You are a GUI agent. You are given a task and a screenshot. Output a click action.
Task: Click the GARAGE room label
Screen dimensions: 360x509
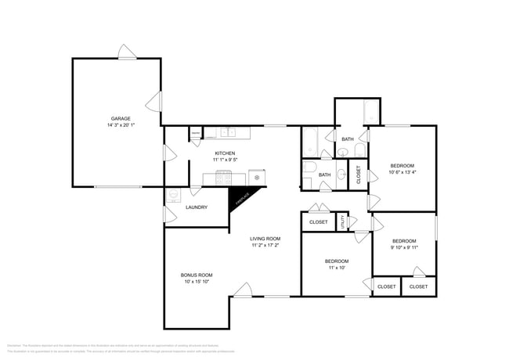[120, 118]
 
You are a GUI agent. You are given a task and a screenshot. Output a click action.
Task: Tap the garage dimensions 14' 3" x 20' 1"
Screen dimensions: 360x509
[120, 125]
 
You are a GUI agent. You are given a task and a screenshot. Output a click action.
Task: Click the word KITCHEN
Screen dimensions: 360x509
[225, 153]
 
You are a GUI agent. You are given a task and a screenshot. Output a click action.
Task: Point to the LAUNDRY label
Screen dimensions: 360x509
[197, 207]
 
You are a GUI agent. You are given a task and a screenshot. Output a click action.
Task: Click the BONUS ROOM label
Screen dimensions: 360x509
[197, 275]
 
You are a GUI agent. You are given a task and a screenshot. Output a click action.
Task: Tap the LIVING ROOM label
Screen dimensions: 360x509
[265, 239]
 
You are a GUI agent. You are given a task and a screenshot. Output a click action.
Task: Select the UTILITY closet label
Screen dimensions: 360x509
[341, 222]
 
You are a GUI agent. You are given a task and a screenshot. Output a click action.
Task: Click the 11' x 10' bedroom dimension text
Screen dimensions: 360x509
[338, 268]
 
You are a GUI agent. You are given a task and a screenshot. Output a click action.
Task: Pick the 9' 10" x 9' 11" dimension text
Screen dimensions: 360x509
[404, 247]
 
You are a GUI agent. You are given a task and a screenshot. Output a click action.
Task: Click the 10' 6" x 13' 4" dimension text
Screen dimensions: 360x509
[403, 172]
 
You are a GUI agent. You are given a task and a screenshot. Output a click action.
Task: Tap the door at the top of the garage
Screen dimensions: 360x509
[128, 52]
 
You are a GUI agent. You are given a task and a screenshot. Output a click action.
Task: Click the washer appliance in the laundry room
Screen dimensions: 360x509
[175, 193]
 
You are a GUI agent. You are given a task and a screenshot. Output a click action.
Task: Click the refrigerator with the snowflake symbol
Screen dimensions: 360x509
[257, 178]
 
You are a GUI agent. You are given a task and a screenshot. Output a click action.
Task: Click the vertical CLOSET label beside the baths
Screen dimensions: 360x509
[359, 174]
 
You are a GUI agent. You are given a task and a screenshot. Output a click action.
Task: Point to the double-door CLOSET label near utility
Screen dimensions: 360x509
[319, 222]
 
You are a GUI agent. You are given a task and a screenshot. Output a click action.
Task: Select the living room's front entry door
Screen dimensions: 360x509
[242, 290]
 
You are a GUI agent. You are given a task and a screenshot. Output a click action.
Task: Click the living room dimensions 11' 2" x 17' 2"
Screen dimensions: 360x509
[265, 246]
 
